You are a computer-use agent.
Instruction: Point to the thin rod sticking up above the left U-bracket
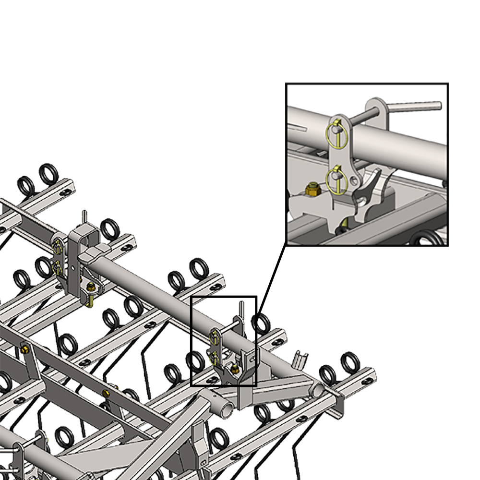[x=84, y=217]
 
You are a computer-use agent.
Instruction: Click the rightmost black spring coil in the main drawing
[x=350, y=362]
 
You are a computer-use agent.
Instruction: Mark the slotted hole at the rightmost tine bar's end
[x=367, y=381]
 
